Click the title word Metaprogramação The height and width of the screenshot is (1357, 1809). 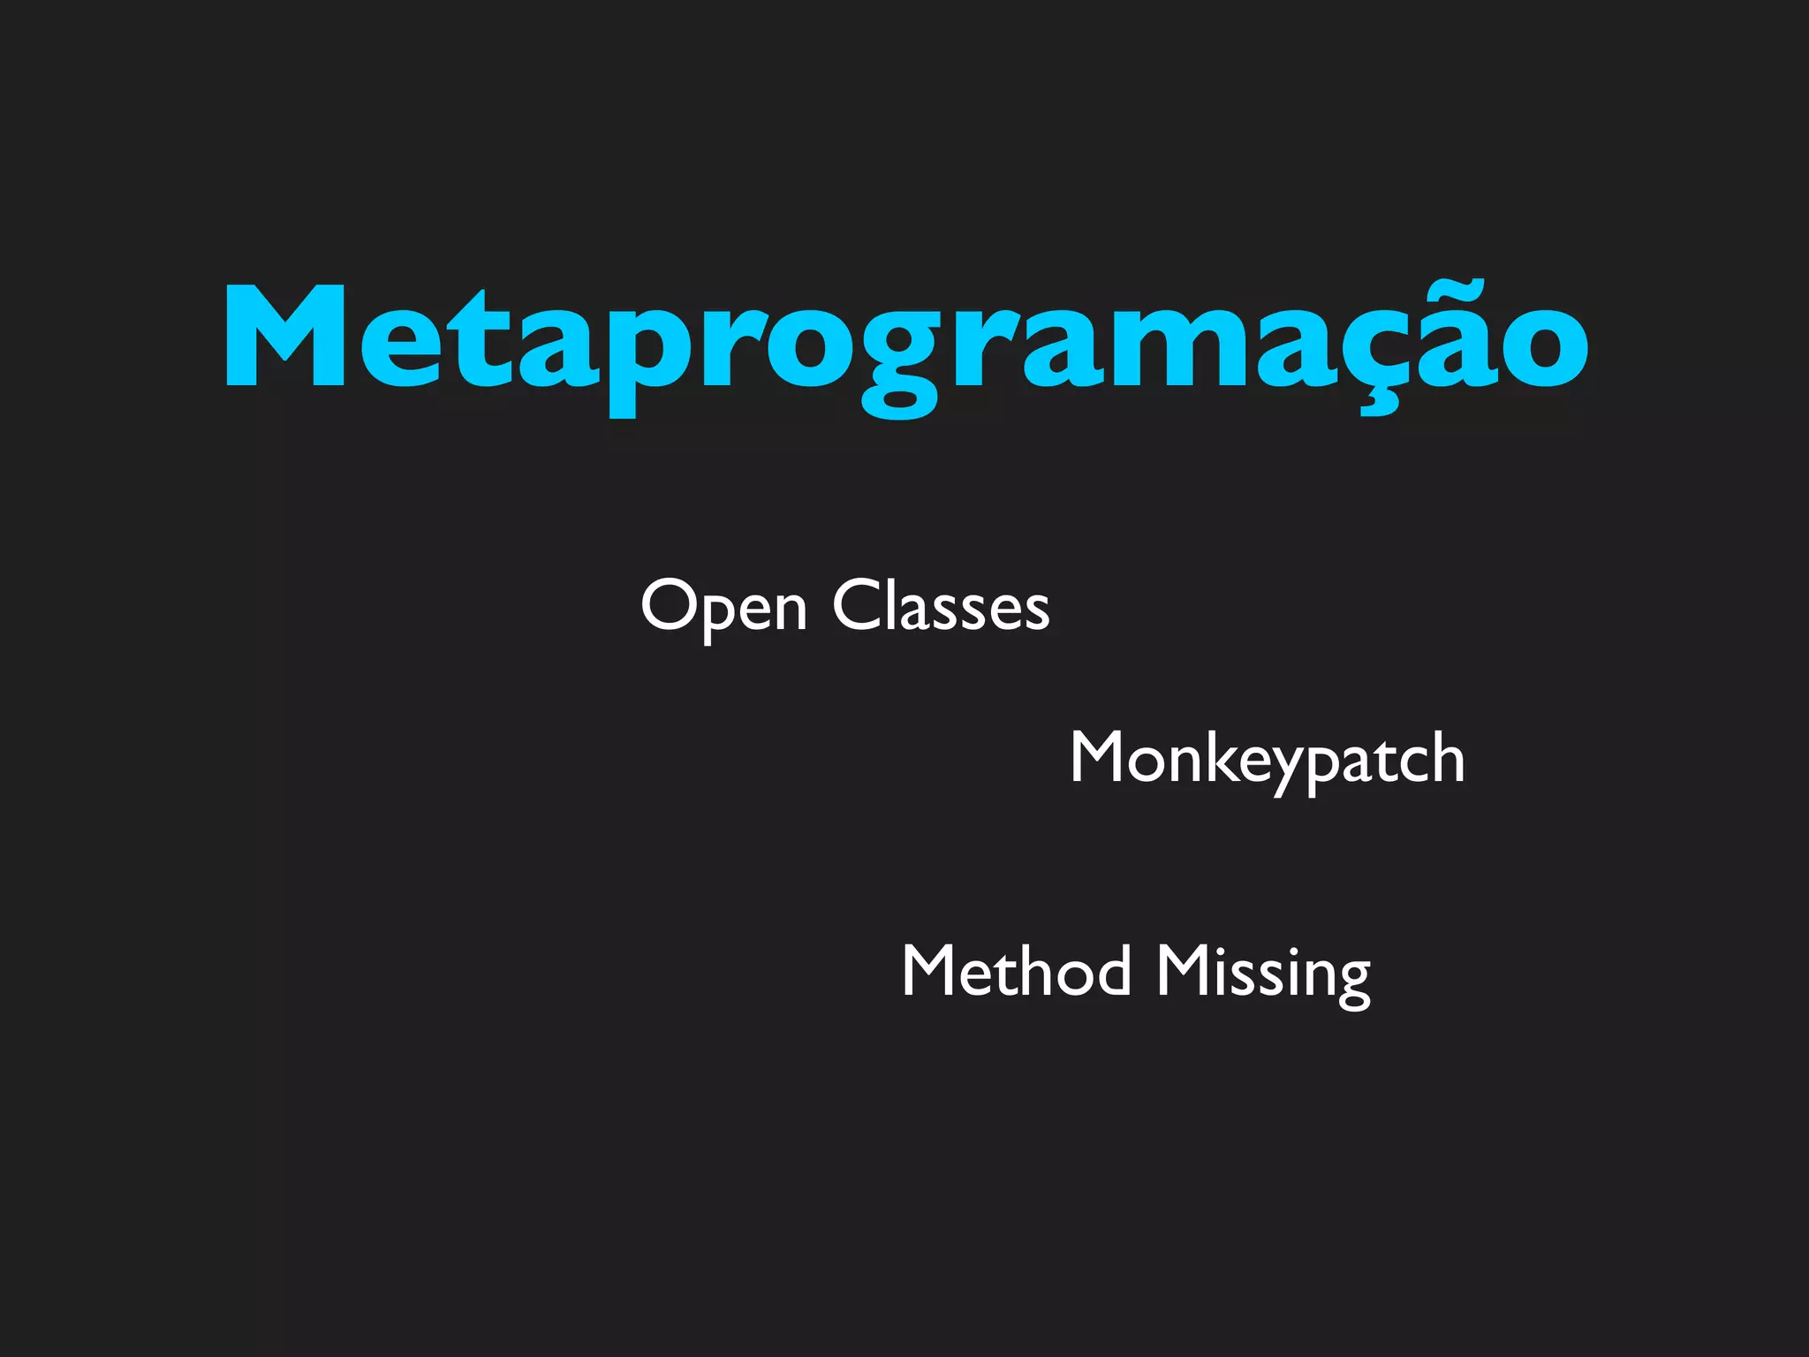(x=906, y=340)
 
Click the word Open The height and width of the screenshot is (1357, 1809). (x=723, y=608)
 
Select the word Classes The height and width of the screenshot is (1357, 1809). (x=941, y=606)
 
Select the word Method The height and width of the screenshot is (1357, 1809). (x=1016, y=971)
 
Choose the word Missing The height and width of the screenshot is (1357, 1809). (x=1263, y=974)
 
